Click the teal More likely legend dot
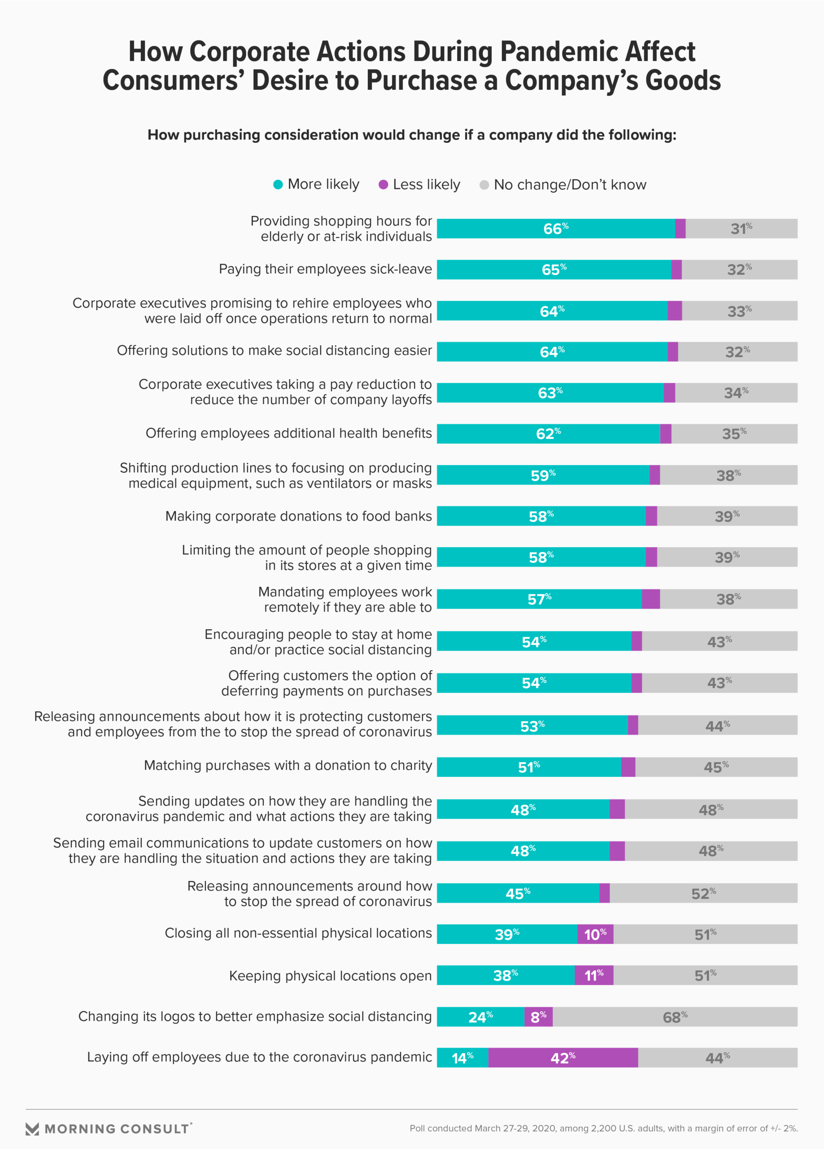278,184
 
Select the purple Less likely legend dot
384,184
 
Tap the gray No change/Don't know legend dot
484,185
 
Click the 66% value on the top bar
556,228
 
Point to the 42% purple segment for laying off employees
562,1058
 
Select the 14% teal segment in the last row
462,1058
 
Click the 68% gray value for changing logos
675,1017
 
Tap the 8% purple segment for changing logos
538,1017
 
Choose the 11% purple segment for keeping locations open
594,975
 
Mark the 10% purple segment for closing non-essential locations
595,934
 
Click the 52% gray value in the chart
703,893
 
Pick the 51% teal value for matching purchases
529,767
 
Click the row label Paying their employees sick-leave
325,269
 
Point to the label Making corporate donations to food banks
298,516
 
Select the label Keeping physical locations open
330,975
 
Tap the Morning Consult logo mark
32,1129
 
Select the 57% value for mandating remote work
539,599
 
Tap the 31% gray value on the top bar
741,228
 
